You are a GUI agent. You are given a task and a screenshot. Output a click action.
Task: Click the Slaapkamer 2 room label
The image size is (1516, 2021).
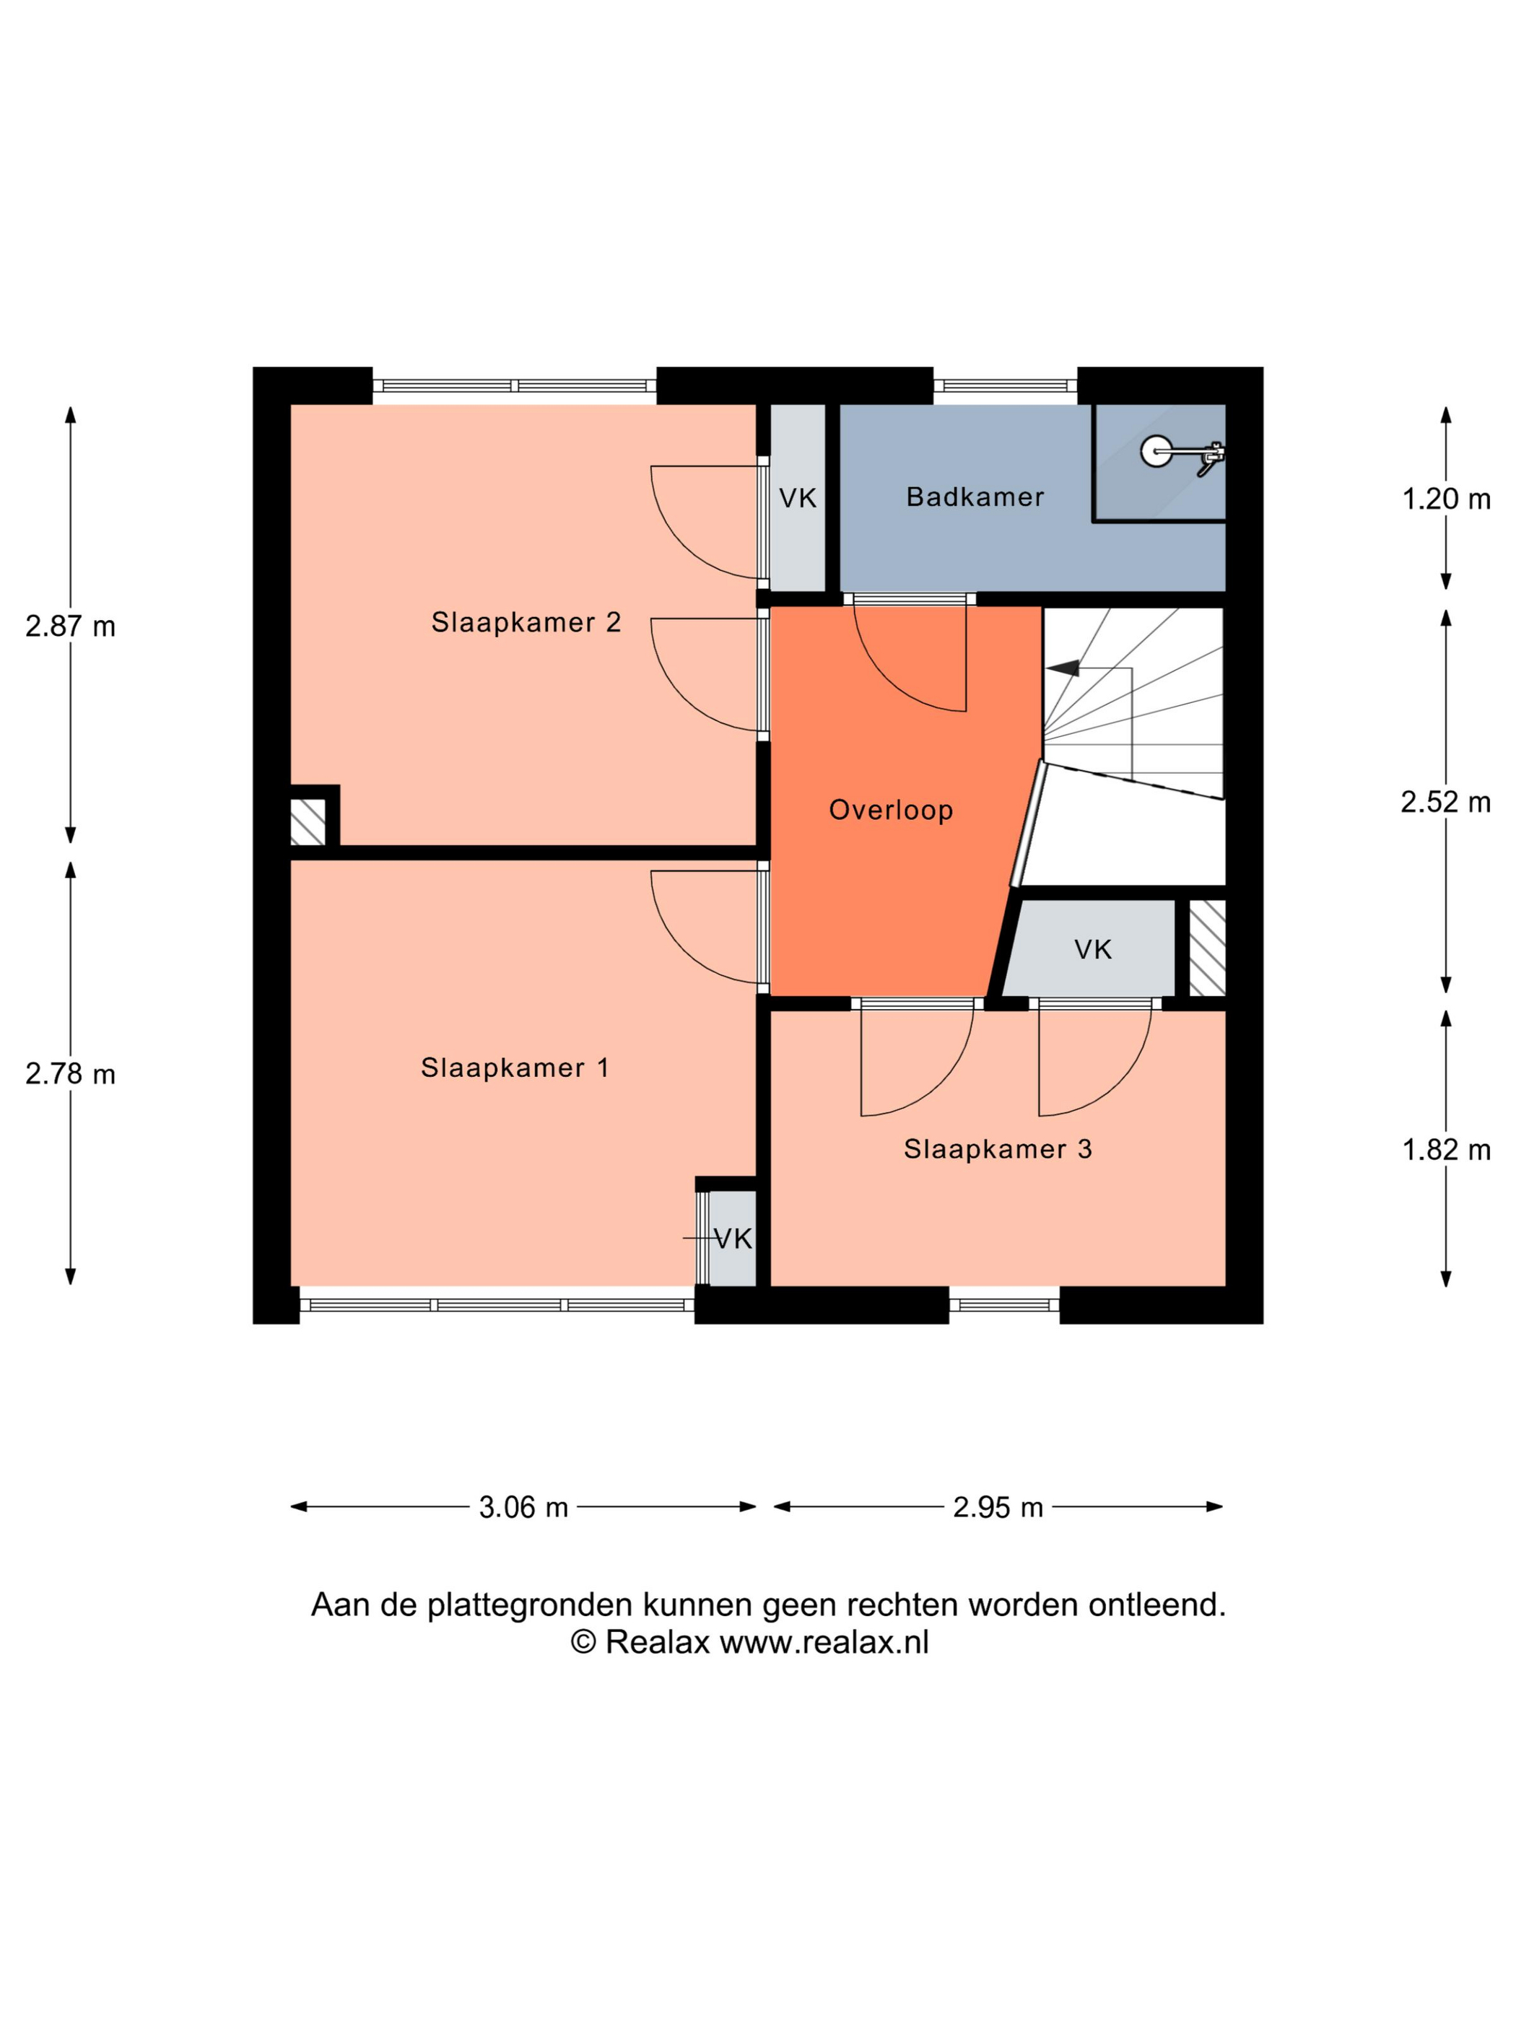tap(526, 622)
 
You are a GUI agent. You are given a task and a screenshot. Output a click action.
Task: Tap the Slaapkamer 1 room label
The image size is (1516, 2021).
tap(515, 1067)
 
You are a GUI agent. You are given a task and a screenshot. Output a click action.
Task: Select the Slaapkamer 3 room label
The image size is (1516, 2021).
tap(998, 1148)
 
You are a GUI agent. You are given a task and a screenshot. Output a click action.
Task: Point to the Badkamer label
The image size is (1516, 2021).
tap(975, 497)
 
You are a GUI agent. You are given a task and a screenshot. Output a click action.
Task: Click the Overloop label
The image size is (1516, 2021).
tap(891, 810)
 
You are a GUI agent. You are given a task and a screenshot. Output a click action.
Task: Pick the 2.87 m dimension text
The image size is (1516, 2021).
tap(70, 627)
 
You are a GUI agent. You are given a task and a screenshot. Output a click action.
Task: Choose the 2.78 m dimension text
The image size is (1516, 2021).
tap(70, 1073)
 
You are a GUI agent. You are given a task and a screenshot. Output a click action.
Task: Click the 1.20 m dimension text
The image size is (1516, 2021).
tap(1447, 499)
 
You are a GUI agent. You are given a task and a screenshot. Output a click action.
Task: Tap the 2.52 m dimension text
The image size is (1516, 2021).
tap(1446, 802)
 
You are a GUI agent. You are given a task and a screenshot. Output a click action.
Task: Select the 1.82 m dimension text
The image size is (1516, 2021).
tap(1447, 1149)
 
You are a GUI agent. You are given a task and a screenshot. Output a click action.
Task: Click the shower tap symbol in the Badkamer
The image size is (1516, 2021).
tap(1183, 454)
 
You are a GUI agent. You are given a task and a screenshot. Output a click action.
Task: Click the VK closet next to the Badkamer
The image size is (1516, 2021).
tap(798, 498)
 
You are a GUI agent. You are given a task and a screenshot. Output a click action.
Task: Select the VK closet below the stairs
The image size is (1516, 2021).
tap(1089, 948)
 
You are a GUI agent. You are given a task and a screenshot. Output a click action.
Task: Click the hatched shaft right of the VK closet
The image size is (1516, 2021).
tap(1207, 948)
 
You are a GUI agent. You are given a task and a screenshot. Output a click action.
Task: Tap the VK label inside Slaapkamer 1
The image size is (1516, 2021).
tap(733, 1239)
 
